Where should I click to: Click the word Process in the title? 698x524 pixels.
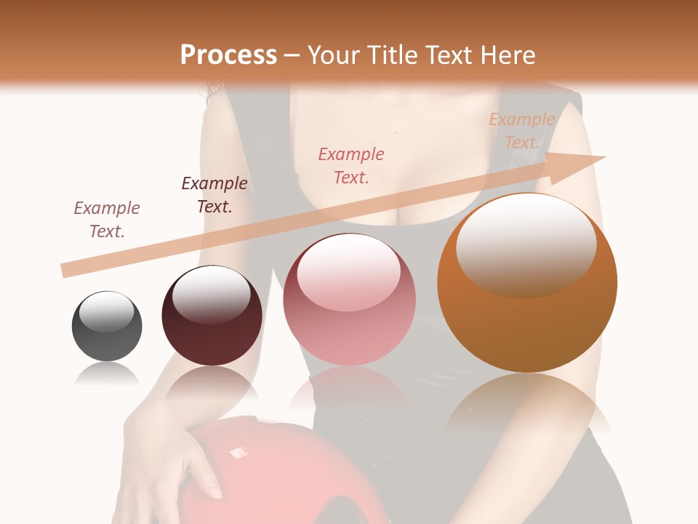(x=228, y=55)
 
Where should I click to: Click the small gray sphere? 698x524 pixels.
(x=107, y=327)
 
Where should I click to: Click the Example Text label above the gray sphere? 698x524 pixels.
(x=107, y=220)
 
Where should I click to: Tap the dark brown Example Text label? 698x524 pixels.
(x=214, y=195)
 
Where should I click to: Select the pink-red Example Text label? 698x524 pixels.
(x=351, y=165)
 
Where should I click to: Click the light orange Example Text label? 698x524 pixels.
(x=522, y=131)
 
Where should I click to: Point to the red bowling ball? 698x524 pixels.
(x=284, y=466)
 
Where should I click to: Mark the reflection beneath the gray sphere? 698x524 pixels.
(x=107, y=374)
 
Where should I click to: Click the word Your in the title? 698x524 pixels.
(x=334, y=55)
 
